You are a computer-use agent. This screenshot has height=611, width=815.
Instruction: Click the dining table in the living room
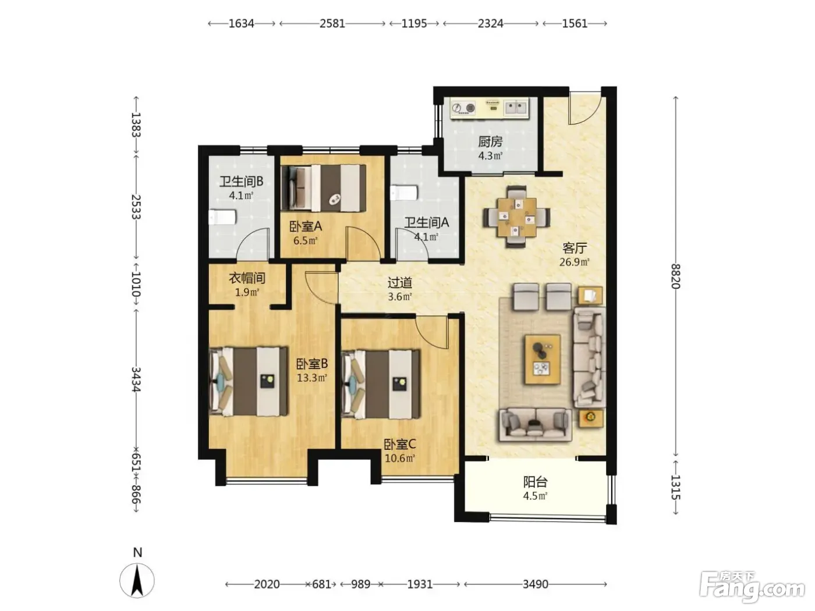click(516, 217)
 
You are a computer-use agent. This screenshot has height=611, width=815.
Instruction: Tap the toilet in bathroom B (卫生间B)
click(222, 218)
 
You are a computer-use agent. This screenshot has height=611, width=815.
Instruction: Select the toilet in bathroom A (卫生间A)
click(404, 193)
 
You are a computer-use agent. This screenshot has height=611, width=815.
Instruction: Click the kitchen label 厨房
click(490, 142)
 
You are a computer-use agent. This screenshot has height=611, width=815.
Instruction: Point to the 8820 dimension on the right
click(675, 276)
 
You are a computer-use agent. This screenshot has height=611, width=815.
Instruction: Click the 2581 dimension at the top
click(332, 24)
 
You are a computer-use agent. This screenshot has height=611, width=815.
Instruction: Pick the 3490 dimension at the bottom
click(536, 584)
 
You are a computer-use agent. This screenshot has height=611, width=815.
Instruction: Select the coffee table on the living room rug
click(543, 359)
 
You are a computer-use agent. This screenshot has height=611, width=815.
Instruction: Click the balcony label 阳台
click(536, 482)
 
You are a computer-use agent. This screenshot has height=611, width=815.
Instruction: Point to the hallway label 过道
click(400, 283)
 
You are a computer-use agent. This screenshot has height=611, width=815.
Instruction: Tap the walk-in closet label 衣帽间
click(247, 278)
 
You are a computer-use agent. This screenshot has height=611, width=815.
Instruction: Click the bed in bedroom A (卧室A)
click(324, 189)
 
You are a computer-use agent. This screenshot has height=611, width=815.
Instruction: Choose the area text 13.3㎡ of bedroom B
click(312, 378)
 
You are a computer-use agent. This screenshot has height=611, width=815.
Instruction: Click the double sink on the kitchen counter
click(516, 108)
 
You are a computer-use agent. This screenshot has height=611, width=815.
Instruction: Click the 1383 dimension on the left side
click(136, 125)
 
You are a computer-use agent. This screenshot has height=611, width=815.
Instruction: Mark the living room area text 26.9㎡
click(575, 262)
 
